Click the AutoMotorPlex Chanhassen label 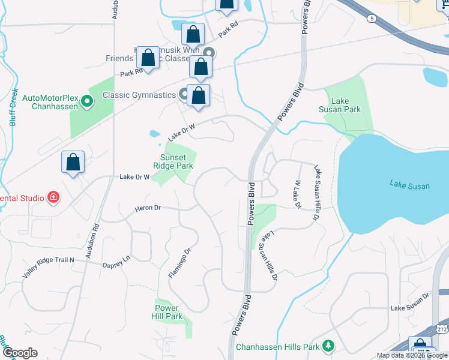[51, 103]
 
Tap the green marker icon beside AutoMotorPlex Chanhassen [87, 101]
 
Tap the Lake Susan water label [409, 186]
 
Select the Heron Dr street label [148, 208]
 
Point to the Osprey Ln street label [116, 259]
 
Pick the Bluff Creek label [13, 108]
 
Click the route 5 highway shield [372, 19]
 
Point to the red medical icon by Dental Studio [53, 197]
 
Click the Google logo [20, 353]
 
